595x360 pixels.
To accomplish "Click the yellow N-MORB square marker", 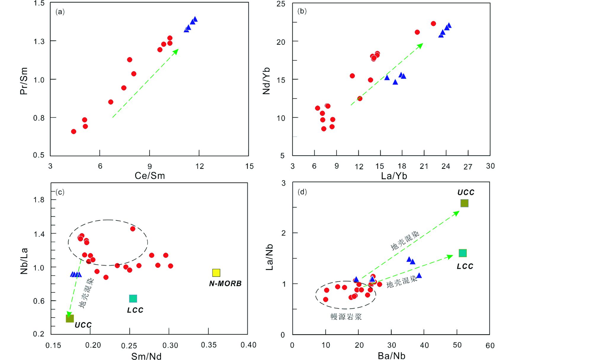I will [216, 273].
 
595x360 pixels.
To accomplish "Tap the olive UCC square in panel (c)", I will [70, 319].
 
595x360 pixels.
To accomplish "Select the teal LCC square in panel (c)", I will [133, 299].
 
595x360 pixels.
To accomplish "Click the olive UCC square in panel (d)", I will [464, 203].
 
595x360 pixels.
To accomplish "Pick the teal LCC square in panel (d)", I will [463, 253].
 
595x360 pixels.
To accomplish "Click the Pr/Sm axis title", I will [24, 81].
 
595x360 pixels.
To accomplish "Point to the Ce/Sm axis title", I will [150, 176].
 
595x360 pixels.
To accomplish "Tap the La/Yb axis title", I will [394, 176].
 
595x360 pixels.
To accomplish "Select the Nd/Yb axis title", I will [266, 81].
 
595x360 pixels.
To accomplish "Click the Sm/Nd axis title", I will [146, 356].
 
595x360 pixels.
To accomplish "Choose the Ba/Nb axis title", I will [391, 356].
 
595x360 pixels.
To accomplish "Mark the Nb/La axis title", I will [24, 261].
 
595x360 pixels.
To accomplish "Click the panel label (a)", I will [60, 12].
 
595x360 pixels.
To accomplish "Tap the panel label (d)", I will [302, 192].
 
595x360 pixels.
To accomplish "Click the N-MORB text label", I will [225, 284].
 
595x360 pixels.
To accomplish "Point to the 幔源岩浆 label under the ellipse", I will [346, 317].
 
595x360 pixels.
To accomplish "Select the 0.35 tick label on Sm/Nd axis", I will [209, 345].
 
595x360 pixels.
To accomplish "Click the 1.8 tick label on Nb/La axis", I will [39, 200].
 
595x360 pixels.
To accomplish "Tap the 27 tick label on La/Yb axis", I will [468, 167].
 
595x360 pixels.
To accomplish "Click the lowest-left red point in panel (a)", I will [73, 132].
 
